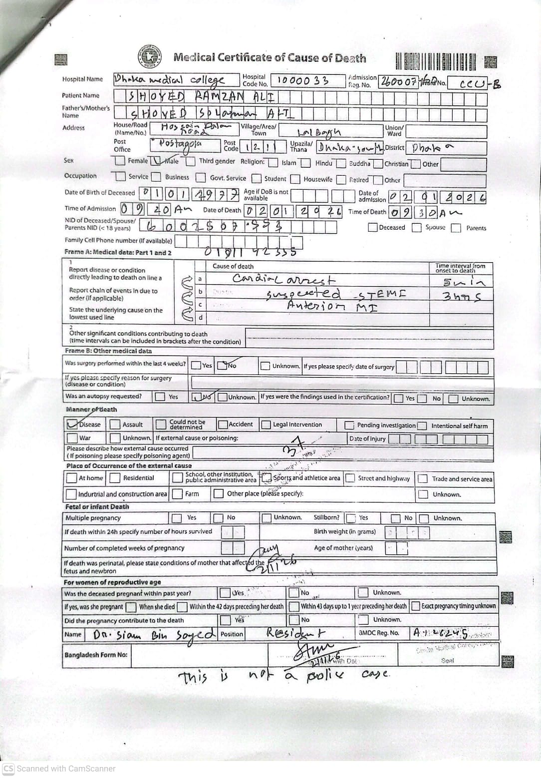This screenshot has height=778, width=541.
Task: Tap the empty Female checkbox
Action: tap(120, 161)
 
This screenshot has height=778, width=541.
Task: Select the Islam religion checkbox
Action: tap(273, 163)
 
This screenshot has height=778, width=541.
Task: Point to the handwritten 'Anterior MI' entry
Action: tap(332, 306)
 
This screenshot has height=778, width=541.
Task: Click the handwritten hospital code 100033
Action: tap(302, 80)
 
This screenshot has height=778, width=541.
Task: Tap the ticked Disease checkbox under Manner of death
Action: tap(72, 424)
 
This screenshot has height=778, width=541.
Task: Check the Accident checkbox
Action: tap(223, 424)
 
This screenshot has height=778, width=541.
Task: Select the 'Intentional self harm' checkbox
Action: tap(422, 426)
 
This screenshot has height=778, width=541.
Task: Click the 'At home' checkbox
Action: tap(71, 478)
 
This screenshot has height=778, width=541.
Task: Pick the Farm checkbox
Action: tap(177, 494)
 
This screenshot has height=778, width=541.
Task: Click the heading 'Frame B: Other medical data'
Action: tap(108, 351)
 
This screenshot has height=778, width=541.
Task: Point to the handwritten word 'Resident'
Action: tap(295, 633)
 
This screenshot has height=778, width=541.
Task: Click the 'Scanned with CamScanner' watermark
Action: tap(60, 769)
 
